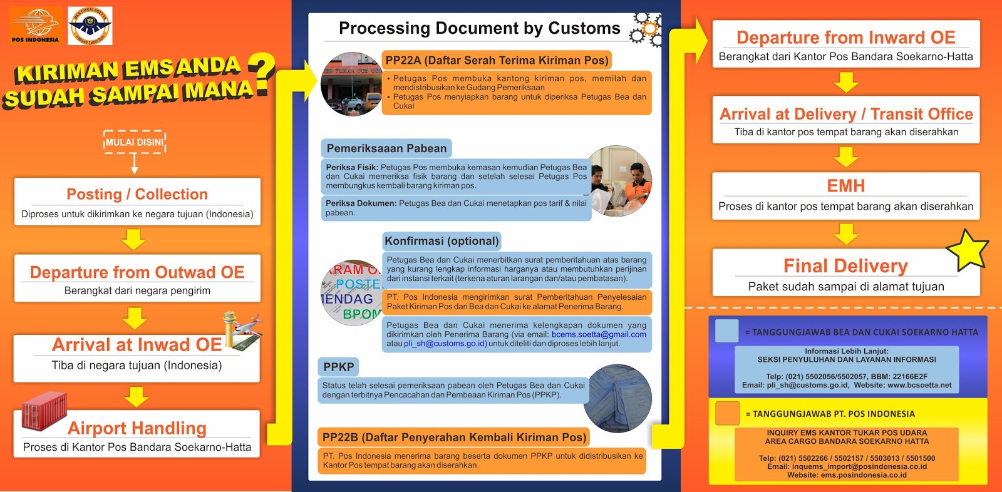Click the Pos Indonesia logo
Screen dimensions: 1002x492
point(35,26)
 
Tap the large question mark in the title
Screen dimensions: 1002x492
point(262,74)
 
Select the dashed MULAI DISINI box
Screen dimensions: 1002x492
point(134,142)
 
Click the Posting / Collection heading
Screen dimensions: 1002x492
point(137,194)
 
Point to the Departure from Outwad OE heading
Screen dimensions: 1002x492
point(137,272)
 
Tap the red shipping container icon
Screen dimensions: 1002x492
point(44,411)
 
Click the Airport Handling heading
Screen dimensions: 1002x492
point(137,428)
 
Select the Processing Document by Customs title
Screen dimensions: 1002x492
point(479,28)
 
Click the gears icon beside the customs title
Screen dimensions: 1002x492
point(646,29)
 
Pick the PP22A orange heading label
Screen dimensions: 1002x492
point(497,60)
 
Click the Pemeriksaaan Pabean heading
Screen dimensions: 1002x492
point(386,148)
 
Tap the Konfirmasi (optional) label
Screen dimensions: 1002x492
point(442,241)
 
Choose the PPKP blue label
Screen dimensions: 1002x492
point(339,367)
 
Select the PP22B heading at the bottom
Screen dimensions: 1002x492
point(454,437)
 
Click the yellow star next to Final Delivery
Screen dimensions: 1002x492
point(968,250)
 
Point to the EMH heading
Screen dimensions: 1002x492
point(845,186)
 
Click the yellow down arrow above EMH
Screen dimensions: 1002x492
point(845,156)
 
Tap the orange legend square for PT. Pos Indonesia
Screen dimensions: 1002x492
point(726,413)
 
